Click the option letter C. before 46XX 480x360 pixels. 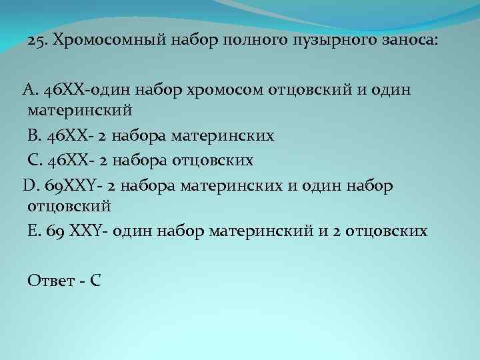(33, 161)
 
